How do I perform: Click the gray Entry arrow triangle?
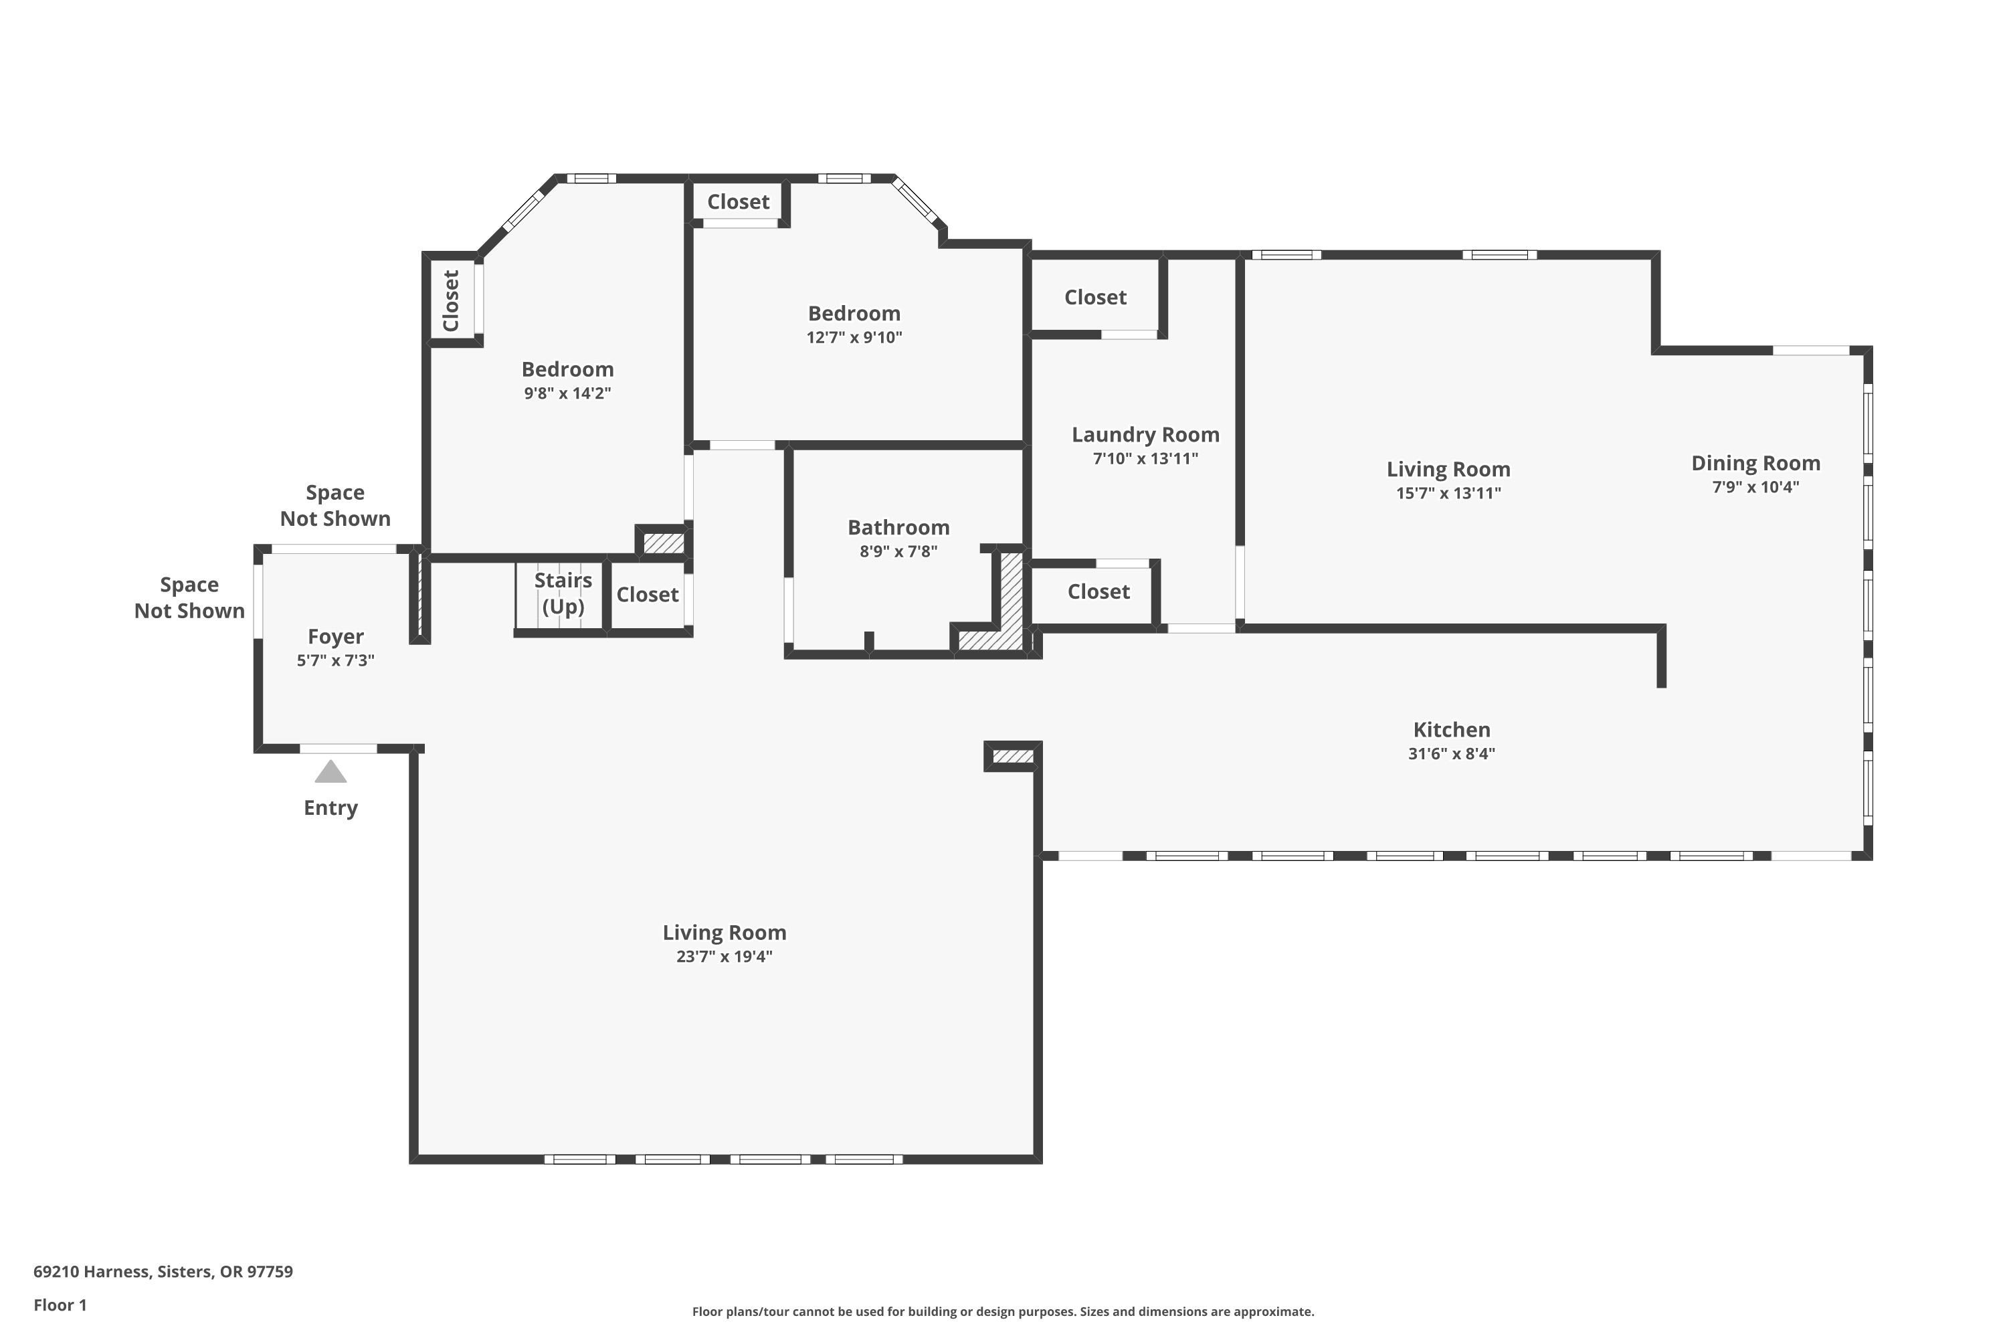tap(330, 771)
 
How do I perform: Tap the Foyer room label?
tap(335, 637)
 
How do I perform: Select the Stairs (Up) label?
tap(563, 593)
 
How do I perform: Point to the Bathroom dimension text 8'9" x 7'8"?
tap(898, 551)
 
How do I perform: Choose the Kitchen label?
tap(1452, 730)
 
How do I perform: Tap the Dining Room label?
tap(1755, 464)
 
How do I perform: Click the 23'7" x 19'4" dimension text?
tap(725, 957)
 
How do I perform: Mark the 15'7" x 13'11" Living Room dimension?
tap(1448, 493)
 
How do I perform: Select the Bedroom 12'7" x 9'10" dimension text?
tap(854, 337)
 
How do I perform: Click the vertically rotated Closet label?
tap(452, 300)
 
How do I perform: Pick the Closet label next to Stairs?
tap(648, 595)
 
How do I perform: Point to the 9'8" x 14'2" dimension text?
tap(567, 393)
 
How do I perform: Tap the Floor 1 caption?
tap(60, 1305)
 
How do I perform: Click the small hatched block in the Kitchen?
tap(1013, 756)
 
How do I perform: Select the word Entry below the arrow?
tap(330, 808)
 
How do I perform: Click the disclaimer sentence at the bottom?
tap(1003, 1311)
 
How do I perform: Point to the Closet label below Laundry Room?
tap(1098, 591)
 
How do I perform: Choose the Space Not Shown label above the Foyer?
tap(335, 505)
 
